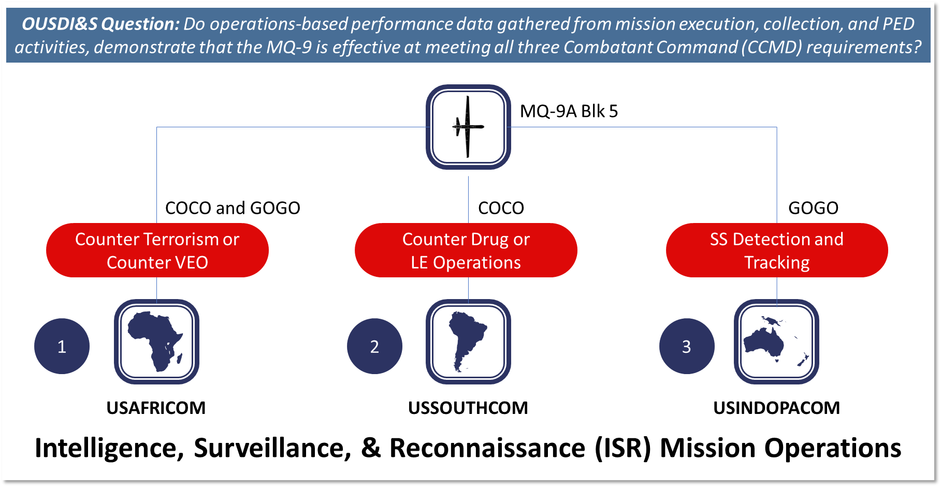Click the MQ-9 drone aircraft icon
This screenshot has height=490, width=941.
point(468,127)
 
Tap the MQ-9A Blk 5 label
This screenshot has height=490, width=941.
point(569,111)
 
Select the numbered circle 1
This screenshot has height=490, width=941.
point(62,346)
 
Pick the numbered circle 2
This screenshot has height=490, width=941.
point(374,346)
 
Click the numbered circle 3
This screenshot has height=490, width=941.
point(687,346)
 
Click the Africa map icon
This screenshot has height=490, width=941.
point(156,341)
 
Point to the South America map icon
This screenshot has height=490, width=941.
point(468,341)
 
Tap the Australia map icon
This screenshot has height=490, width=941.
point(776,341)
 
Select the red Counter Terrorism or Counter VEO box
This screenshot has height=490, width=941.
point(157,250)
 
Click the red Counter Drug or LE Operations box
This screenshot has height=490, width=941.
point(466,250)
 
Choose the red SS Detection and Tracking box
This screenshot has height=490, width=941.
point(777,250)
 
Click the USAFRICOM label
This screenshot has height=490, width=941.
point(156,408)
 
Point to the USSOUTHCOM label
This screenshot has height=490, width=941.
point(468,408)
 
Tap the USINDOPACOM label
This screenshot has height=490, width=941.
point(776,408)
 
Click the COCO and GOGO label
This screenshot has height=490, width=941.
point(233,208)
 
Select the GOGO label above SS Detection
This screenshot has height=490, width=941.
point(813,208)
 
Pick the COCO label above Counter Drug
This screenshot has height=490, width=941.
point(501,208)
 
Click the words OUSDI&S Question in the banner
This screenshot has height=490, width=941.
point(100,24)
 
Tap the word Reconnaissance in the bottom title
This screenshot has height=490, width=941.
point(487,448)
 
